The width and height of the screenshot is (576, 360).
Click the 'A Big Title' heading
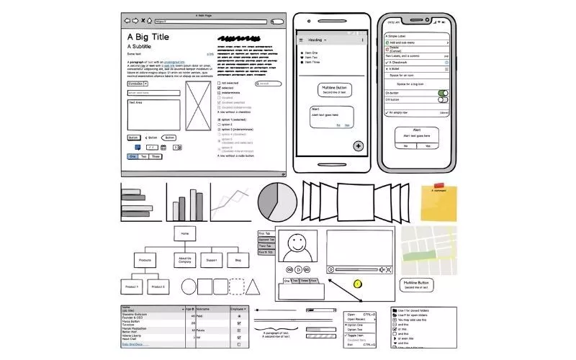[x=148, y=36]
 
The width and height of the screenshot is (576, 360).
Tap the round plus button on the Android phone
[x=358, y=146]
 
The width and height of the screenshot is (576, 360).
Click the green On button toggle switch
[x=443, y=93]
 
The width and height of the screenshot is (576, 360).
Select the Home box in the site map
[x=185, y=233]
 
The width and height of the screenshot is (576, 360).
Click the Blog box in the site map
[x=238, y=260]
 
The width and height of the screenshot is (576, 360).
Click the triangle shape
[x=253, y=288]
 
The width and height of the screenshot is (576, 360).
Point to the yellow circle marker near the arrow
[x=357, y=284]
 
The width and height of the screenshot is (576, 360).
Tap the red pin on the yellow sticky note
[x=439, y=186]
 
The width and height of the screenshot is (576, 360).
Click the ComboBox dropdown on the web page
[x=137, y=84]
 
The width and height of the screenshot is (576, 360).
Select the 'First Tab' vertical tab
[x=265, y=233]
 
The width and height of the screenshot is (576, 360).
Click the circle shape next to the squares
[x=189, y=288]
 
